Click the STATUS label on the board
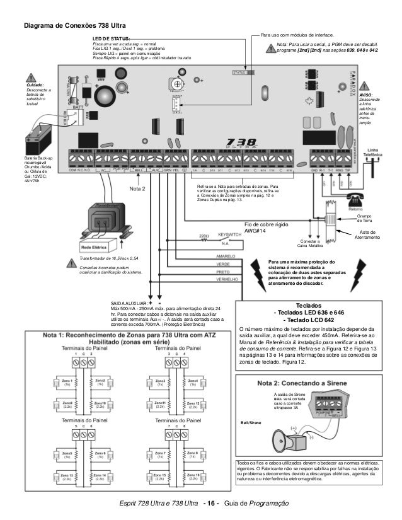coord(239,72)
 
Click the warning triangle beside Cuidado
coord(32,79)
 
